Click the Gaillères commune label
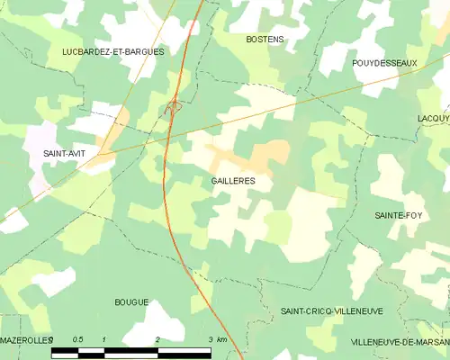tap(233, 181)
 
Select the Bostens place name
tap(265, 40)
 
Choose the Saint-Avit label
tap(65, 154)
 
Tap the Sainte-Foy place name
tap(401, 216)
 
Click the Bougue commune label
tap(131, 302)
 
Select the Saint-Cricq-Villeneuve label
tap(331, 310)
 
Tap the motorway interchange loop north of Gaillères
tap(173, 108)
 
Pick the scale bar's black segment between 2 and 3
tap(184, 350)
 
